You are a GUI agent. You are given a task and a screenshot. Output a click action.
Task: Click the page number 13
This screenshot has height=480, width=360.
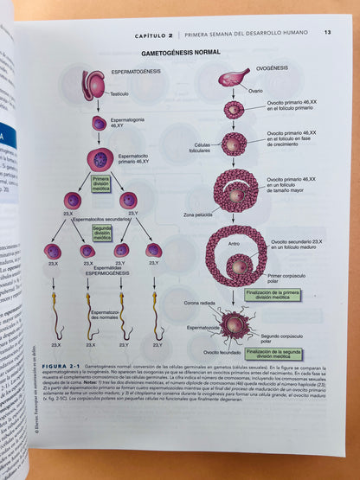coord(327,33)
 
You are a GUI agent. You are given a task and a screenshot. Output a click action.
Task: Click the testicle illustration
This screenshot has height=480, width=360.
coord(93,84)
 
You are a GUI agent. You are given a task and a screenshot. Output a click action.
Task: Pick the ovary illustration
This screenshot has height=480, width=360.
coord(233,79)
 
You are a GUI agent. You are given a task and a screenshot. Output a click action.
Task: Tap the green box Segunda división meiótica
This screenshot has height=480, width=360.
coord(102,233)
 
